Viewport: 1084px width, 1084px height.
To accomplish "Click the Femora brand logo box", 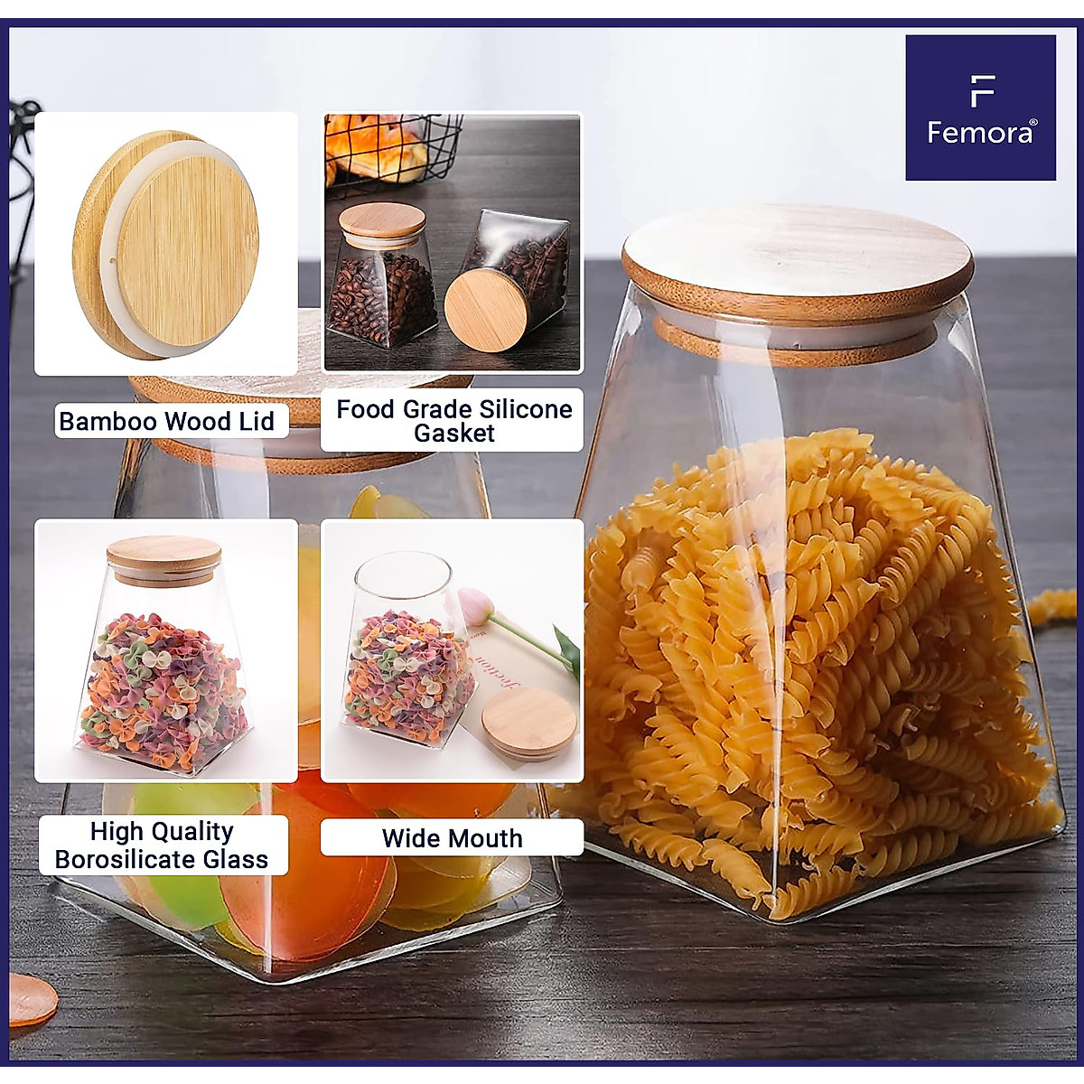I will (980, 107).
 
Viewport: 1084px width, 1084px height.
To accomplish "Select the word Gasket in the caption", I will (453, 434).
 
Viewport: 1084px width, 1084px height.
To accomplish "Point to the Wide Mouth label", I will (452, 838).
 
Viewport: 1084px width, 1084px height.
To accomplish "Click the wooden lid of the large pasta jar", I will (797, 257).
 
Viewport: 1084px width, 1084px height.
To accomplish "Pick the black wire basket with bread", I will (388, 149).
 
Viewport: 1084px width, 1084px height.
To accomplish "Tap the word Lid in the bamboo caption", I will (256, 422).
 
